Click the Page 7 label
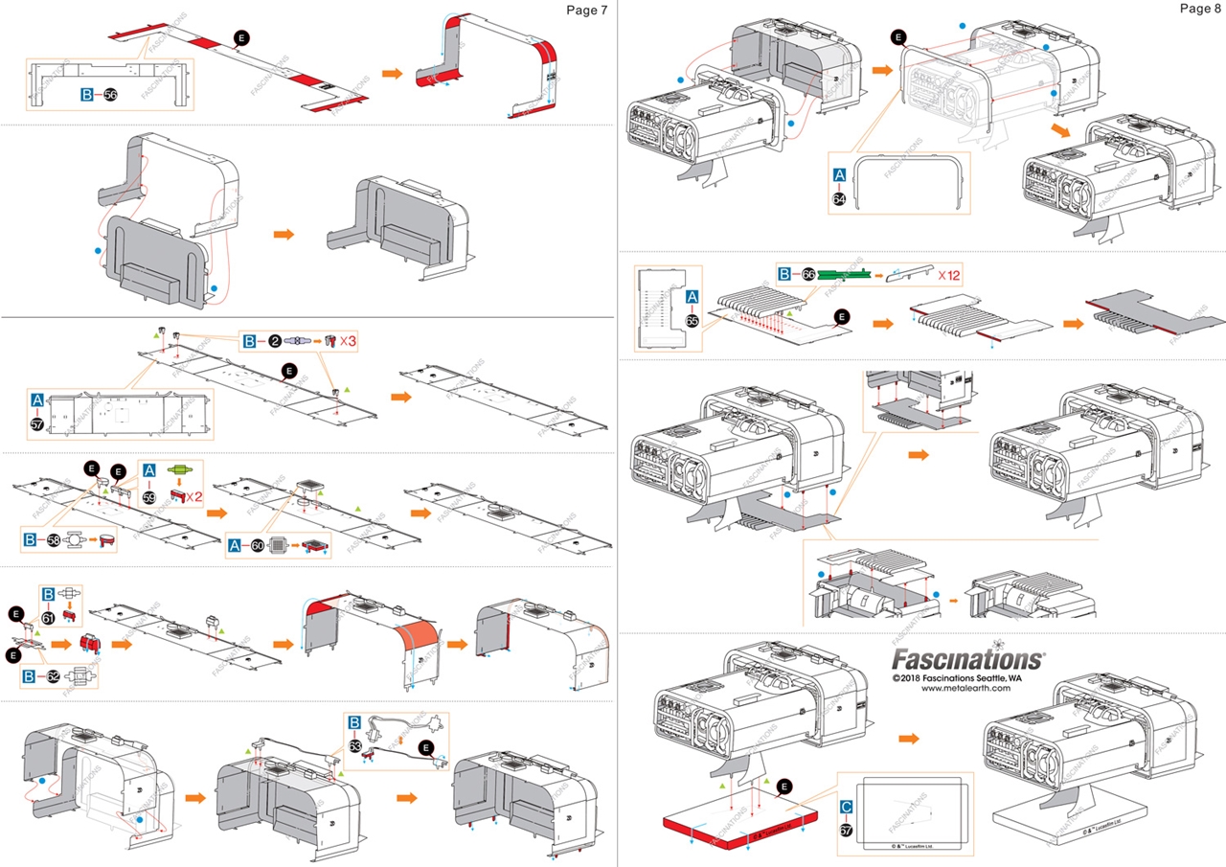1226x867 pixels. pos(586,10)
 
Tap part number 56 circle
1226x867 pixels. pos(111,96)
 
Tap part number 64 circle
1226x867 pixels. pos(840,199)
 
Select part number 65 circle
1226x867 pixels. pos(692,321)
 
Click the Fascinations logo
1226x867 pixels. pos(967,659)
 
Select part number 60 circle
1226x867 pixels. pos(258,546)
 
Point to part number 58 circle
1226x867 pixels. pos(54,540)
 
